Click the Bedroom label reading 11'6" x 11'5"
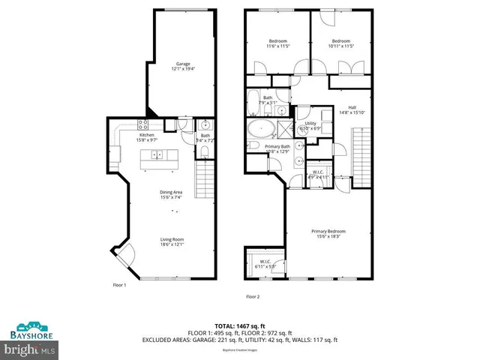coord(278,43)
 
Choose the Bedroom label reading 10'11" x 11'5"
coord(341,43)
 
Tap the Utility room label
coord(310,125)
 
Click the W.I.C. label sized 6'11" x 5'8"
coord(266,264)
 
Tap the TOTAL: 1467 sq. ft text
coord(239,325)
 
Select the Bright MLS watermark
coord(30,349)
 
